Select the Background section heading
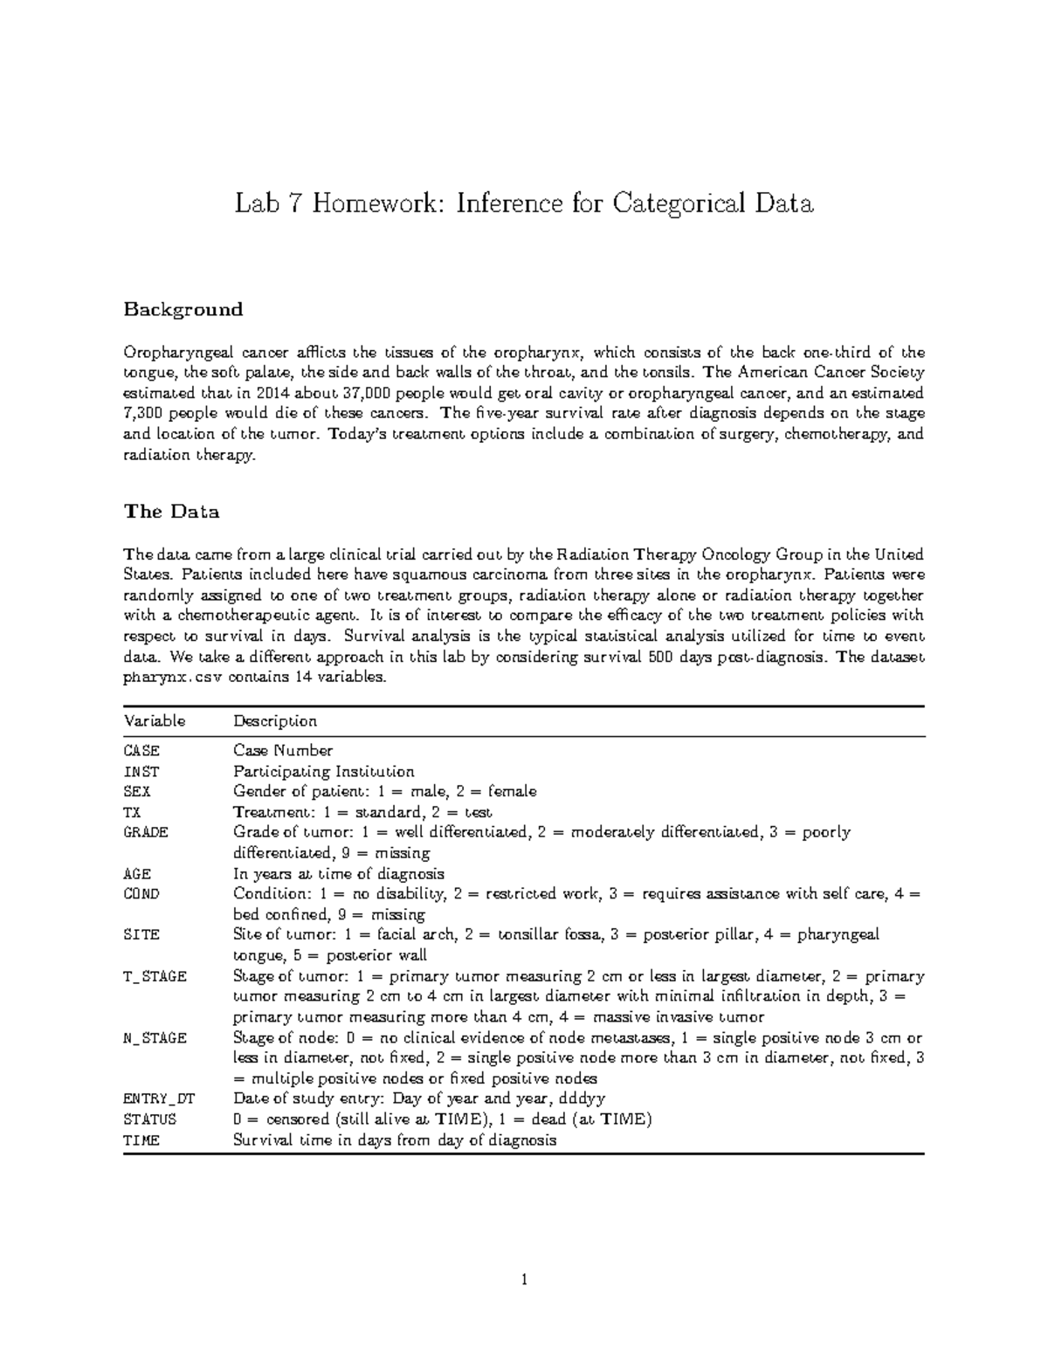click(183, 309)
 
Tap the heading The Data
click(171, 512)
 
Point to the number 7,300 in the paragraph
click(145, 414)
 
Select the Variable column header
click(155, 721)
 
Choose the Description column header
click(274, 721)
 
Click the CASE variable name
click(141, 751)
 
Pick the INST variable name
click(141, 772)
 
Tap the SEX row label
click(137, 792)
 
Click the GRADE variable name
click(146, 832)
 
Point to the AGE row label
click(137, 874)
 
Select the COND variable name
click(141, 894)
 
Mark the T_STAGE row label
click(155, 977)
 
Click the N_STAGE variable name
click(155, 1038)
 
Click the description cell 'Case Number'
click(283, 751)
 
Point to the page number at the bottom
click(524, 1281)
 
